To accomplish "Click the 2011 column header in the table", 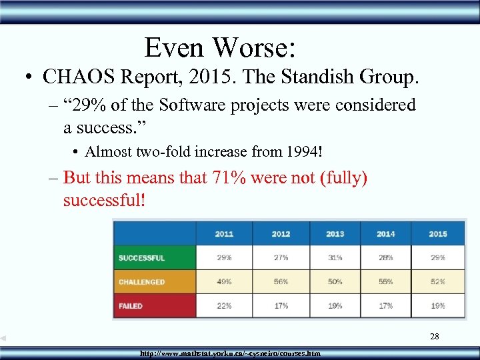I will click(x=224, y=234).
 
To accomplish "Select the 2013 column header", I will click(x=335, y=234).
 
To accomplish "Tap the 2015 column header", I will click(x=438, y=234).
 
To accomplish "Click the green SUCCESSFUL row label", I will click(x=141, y=258).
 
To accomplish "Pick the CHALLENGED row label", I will click(x=141, y=282).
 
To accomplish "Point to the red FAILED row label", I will click(x=131, y=306).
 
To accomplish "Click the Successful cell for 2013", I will click(x=335, y=258).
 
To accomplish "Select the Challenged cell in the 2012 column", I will click(x=281, y=282).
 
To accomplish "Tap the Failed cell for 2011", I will click(x=224, y=306).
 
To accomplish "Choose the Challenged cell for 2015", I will click(x=438, y=282).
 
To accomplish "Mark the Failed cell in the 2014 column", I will click(x=385, y=306).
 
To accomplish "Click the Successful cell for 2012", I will click(x=281, y=258).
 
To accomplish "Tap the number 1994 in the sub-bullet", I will click(x=301, y=152).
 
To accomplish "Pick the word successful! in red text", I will click(x=104, y=200).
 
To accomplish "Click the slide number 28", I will click(x=434, y=337).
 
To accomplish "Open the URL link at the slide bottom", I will click(x=230, y=353).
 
